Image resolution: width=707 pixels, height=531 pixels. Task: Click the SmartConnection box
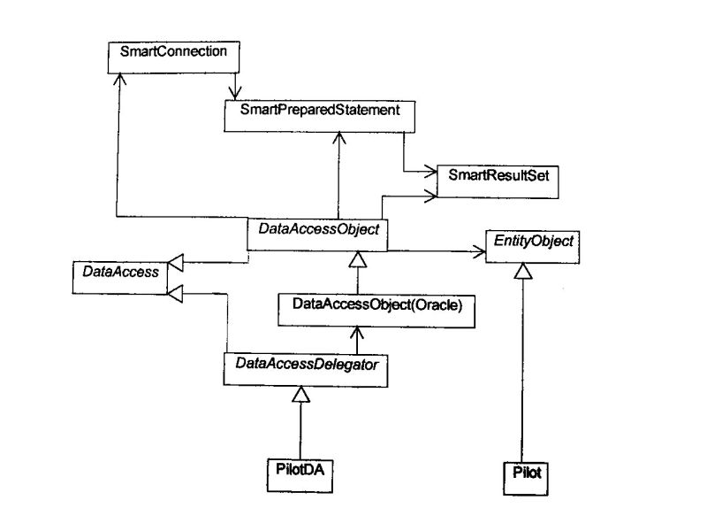[x=173, y=53]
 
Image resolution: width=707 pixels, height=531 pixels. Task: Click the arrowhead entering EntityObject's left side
[x=478, y=252]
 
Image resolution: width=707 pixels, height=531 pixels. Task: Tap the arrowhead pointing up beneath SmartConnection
[x=117, y=79]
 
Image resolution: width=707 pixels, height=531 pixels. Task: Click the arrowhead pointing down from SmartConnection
[x=235, y=92]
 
